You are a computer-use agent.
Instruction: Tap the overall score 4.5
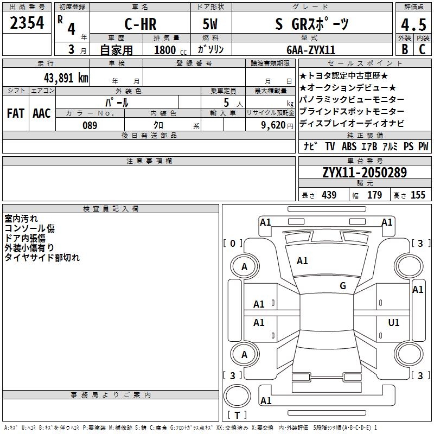pos(413,25)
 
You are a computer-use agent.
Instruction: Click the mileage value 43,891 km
pos(66,78)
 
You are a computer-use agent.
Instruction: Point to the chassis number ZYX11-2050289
pos(364,173)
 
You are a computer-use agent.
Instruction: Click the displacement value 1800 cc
pos(165,50)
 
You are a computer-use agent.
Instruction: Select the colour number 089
pos(90,125)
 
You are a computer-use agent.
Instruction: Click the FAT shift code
pos(16,113)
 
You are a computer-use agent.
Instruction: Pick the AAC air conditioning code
pos(42,113)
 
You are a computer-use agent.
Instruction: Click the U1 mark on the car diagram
pos(394,323)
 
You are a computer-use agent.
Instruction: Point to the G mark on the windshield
pos(343,286)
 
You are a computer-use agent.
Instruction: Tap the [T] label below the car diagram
pos(237,415)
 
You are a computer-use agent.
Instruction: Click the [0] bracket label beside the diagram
pos(233,243)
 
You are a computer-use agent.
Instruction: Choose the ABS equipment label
pos(349,146)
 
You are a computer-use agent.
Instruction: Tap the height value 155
pos(418,195)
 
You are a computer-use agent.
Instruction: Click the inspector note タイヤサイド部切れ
pos(42,257)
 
